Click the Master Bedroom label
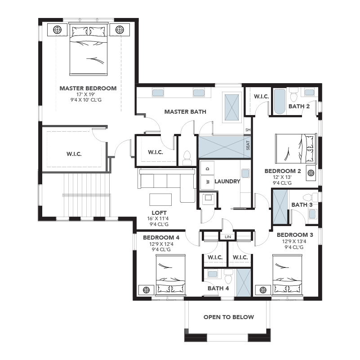(88, 89)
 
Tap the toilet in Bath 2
(293, 94)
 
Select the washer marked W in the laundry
(207, 182)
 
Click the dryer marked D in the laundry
(207, 168)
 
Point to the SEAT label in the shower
(248, 145)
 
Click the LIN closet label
(228, 237)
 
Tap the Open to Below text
(229, 317)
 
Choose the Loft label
(159, 213)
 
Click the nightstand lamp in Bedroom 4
(146, 290)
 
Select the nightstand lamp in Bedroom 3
(263, 290)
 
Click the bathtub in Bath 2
(280, 101)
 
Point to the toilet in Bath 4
(228, 277)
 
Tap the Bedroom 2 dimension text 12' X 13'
(282, 177)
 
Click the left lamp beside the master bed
(58, 30)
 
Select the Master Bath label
(185, 112)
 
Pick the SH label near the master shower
(248, 130)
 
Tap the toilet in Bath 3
(310, 197)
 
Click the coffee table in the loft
(160, 200)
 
